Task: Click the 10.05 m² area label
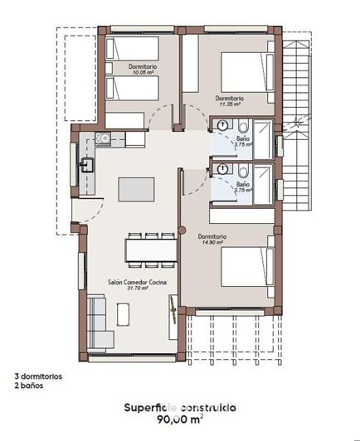click(143, 72)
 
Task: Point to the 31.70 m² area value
click(135, 289)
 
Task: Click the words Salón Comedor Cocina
click(136, 283)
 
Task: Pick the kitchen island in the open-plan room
click(136, 189)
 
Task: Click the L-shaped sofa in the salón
click(98, 322)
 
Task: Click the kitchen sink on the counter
click(85, 165)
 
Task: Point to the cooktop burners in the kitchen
click(103, 138)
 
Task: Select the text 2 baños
click(28, 385)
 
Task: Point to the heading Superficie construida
click(180, 408)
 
